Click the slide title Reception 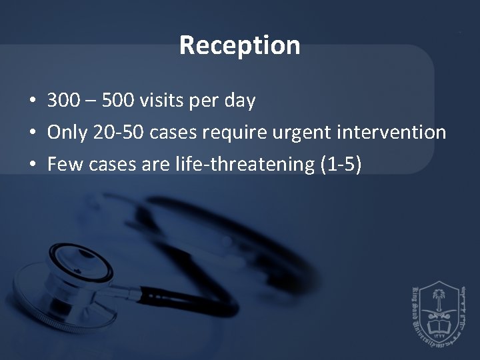point(240,46)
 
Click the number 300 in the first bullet point(61,101)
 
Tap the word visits point(159,101)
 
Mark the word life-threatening point(252,165)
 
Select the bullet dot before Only point(32,133)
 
